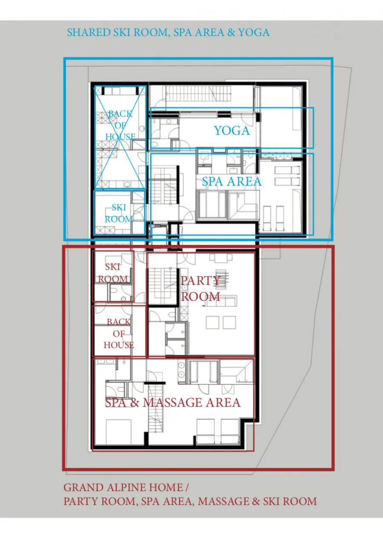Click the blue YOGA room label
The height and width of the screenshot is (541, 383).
[232, 130]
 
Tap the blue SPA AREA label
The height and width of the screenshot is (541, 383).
[232, 181]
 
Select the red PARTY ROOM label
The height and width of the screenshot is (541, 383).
[200, 289]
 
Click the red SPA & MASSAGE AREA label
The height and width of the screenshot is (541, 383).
[173, 402]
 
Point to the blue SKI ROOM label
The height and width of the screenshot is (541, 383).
[119, 213]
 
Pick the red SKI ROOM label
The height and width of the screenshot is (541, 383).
[113, 273]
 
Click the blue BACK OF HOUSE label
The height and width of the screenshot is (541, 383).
[120, 125]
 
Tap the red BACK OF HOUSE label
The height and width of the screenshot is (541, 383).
[119, 333]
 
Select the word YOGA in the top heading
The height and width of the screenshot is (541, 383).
[254, 33]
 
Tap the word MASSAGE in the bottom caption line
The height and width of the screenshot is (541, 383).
[223, 501]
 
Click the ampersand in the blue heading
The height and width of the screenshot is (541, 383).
[231, 33]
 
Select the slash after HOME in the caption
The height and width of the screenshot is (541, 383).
[186, 487]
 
